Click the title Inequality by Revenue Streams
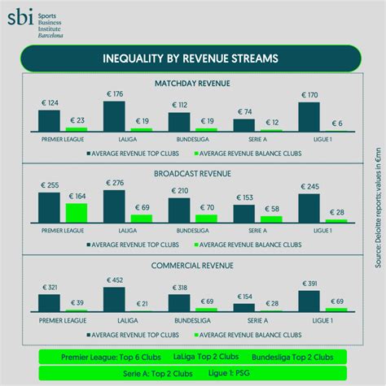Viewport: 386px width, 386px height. coord(191,59)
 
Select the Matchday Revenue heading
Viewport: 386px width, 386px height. coord(192,83)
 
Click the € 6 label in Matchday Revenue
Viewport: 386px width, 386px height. coord(336,123)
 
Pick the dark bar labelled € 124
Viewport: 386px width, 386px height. coord(49,119)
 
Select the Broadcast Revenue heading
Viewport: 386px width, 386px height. coord(192,173)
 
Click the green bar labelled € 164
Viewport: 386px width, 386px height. coord(76,213)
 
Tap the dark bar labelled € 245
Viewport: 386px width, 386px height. coord(309,208)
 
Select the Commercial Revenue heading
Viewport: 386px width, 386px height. coord(192,265)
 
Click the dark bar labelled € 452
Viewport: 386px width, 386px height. coord(114,299)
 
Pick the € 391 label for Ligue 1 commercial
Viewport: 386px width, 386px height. coord(309,283)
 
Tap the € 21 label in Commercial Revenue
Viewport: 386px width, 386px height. coord(141,304)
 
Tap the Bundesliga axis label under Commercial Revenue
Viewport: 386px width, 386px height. coord(179,319)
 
